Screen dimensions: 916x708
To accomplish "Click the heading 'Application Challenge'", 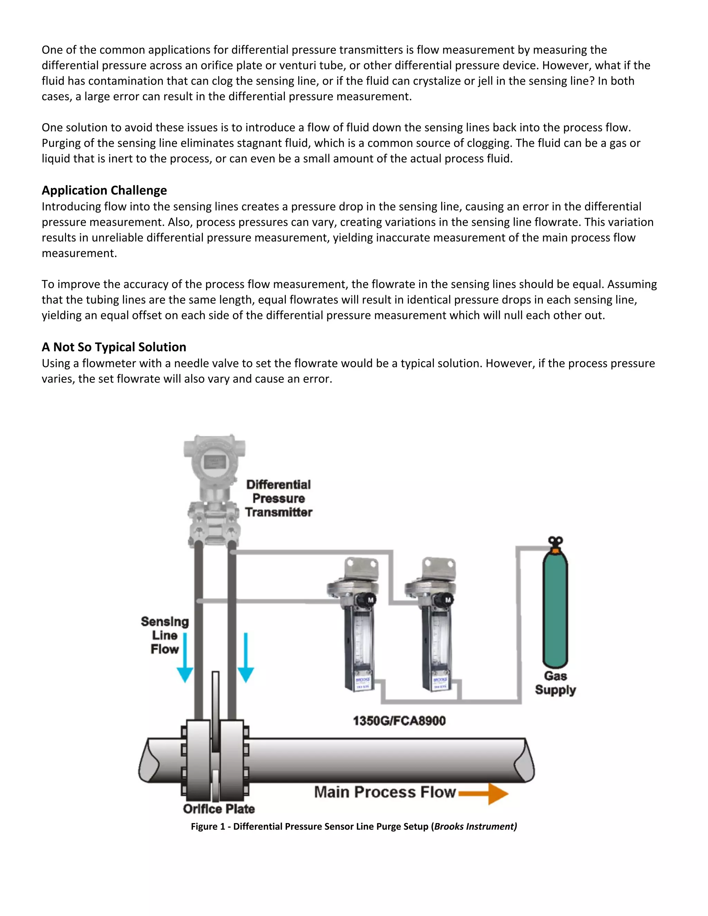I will (x=104, y=190).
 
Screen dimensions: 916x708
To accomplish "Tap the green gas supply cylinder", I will (x=555, y=613).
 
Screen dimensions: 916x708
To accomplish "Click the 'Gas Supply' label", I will (x=555, y=683).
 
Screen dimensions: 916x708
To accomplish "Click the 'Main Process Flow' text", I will (x=385, y=792).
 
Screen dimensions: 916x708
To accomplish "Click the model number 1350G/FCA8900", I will (x=399, y=721).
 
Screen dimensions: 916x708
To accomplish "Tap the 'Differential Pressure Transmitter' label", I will (x=279, y=498).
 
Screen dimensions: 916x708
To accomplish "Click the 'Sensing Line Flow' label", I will (x=165, y=635).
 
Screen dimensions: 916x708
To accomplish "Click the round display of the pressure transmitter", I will (x=214, y=462).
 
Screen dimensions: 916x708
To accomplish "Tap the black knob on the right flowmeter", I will (x=448, y=600).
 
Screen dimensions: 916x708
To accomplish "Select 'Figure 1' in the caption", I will (x=208, y=826).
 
